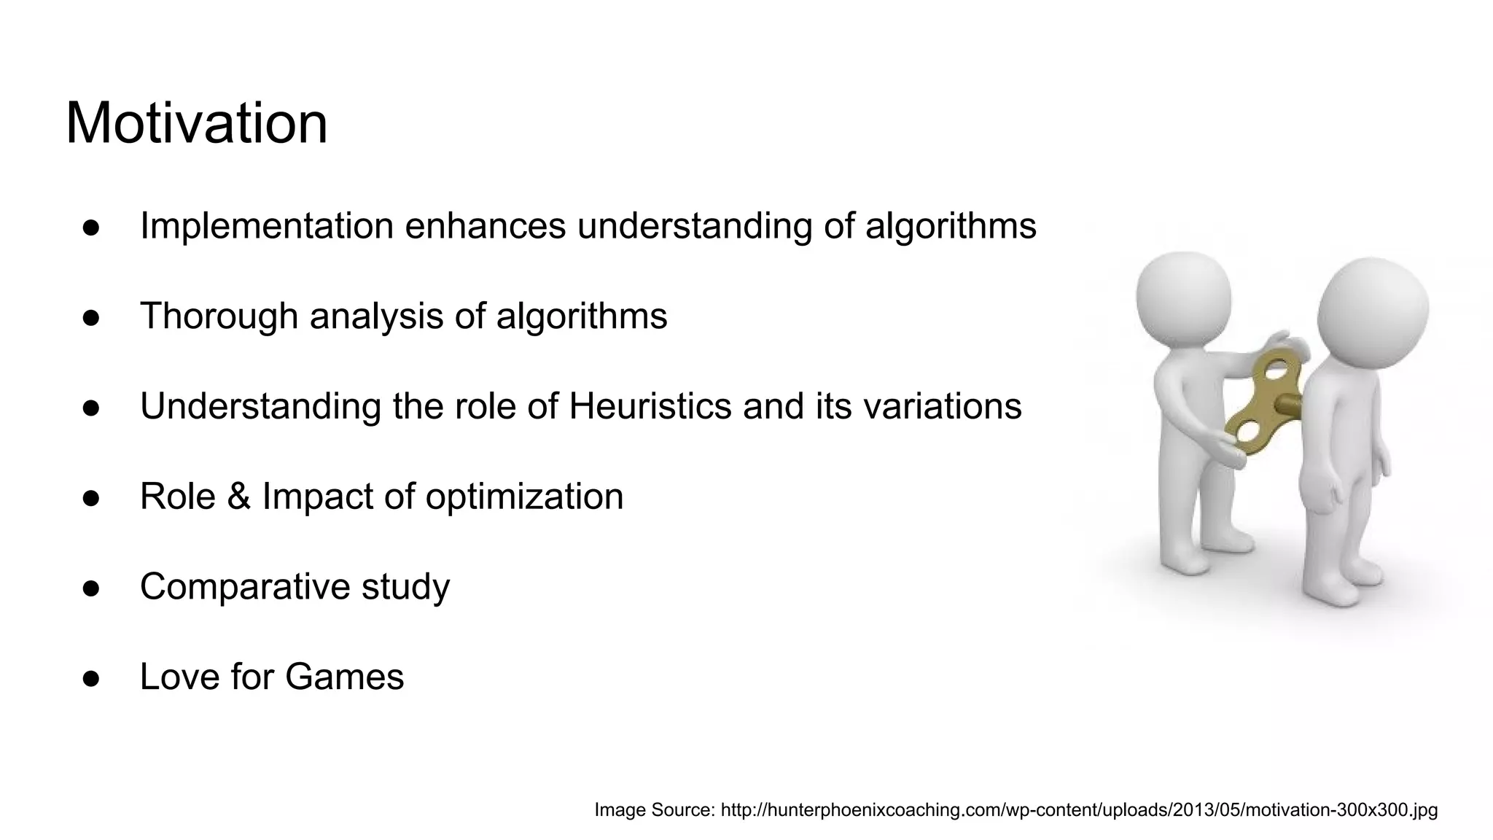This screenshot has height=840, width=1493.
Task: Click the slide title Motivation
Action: click(x=197, y=123)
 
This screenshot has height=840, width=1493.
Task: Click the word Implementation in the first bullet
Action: click(x=267, y=226)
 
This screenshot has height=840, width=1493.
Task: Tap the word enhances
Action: click(x=485, y=226)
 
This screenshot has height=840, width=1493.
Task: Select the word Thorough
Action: click(x=219, y=316)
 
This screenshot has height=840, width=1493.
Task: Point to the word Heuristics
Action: click(x=650, y=406)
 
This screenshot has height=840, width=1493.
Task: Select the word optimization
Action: click(x=524, y=497)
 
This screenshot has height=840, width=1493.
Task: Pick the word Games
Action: click(x=344, y=677)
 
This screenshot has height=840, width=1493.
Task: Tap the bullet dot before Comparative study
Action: click(x=91, y=588)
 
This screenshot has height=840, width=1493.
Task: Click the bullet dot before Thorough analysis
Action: click(x=91, y=318)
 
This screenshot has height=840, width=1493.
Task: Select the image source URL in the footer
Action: click(x=1079, y=810)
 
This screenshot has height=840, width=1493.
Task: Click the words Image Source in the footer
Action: click(x=654, y=810)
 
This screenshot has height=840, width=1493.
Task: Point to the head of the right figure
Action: click(x=1373, y=306)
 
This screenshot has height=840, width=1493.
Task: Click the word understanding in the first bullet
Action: click(x=695, y=226)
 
